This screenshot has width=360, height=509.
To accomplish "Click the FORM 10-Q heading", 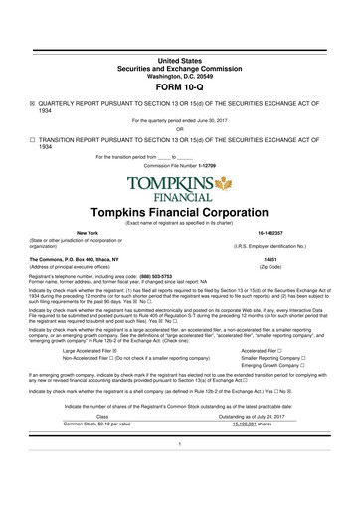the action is coord(179,57).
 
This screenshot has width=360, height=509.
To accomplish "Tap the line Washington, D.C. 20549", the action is coord(179,46).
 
